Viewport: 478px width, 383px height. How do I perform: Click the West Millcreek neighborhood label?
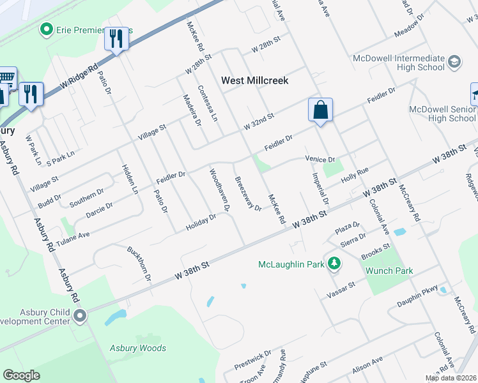tap(254, 80)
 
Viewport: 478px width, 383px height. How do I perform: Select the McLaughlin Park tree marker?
tap(333, 263)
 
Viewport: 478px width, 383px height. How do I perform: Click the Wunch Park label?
tap(389, 271)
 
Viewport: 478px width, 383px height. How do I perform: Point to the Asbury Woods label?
tap(138, 348)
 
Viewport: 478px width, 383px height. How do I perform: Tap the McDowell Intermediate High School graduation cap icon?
tap(454, 62)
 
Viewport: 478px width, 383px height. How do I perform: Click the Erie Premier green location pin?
tap(46, 29)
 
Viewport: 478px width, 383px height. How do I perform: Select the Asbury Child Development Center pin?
tap(79, 315)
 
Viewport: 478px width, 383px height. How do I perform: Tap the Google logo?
tap(22, 375)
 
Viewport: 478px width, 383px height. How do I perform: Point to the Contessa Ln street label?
tap(208, 105)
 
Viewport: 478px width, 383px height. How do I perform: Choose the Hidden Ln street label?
tap(129, 179)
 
